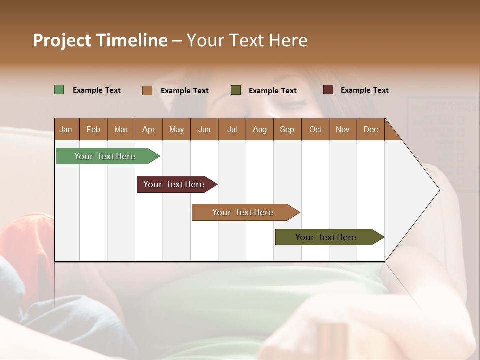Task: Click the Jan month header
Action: click(x=66, y=129)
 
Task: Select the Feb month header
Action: click(x=93, y=129)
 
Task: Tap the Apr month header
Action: click(x=148, y=129)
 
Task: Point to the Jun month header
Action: click(x=204, y=129)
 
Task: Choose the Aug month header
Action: click(x=259, y=129)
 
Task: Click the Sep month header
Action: click(x=287, y=129)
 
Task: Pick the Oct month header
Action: click(x=315, y=129)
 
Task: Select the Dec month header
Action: click(x=370, y=129)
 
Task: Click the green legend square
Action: click(x=59, y=90)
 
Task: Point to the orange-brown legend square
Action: click(x=147, y=90)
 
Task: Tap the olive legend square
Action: click(x=236, y=90)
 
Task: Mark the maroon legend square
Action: click(x=328, y=90)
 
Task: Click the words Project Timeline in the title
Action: click(x=100, y=40)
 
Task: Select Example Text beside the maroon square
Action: click(x=364, y=90)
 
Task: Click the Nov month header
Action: click(x=343, y=129)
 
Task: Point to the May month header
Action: click(x=176, y=129)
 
